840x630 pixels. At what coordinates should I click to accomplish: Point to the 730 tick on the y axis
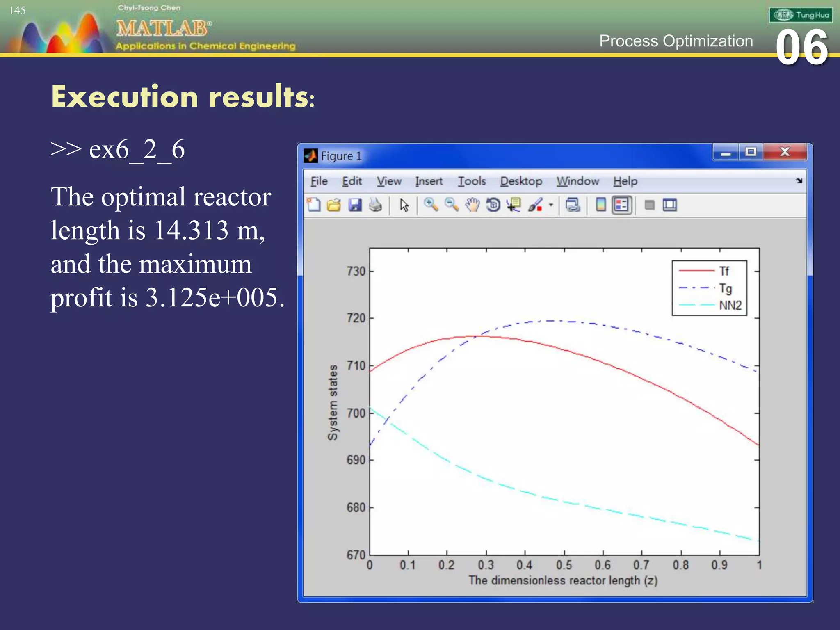(x=356, y=272)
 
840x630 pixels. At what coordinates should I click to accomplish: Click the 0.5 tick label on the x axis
(x=564, y=565)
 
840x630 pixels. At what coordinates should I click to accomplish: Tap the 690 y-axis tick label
(x=356, y=460)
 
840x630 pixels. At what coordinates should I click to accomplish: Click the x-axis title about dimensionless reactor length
(x=563, y=581)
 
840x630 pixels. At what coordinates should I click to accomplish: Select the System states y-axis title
(x=333, y=402)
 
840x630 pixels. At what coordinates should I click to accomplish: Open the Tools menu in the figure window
(x=472, y=181)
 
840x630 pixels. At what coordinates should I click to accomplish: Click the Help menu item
(x=625, y=181)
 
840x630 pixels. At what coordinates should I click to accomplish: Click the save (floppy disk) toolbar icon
(x=355, y=205)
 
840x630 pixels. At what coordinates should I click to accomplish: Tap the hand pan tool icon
(x=472, y=205)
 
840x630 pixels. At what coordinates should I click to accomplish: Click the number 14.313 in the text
(x=191, y=231)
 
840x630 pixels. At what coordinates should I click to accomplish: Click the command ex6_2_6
(x=137, y=150)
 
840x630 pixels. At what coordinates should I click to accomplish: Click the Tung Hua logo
(x=801, y=15)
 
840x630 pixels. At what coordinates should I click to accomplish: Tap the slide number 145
(x=17, y=10)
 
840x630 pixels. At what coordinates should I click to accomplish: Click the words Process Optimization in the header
(x=676, y=41)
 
